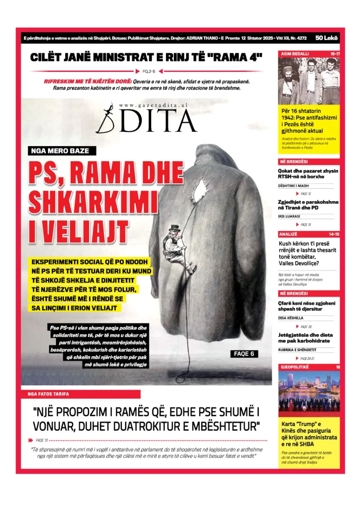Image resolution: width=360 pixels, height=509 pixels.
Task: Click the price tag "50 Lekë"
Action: pos(327,38)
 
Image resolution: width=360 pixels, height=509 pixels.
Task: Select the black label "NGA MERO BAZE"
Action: pos(62,151)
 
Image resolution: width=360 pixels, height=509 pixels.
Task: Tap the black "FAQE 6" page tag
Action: pos(244,354)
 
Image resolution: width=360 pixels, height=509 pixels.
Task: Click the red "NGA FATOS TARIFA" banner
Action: pos(81,394)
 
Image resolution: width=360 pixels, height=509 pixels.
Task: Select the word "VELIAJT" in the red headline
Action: pos(78,231)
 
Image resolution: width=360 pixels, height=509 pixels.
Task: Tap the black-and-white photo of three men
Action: pos(309,80)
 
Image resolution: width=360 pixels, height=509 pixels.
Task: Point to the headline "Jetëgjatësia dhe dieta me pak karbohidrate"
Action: pos(306,338)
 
